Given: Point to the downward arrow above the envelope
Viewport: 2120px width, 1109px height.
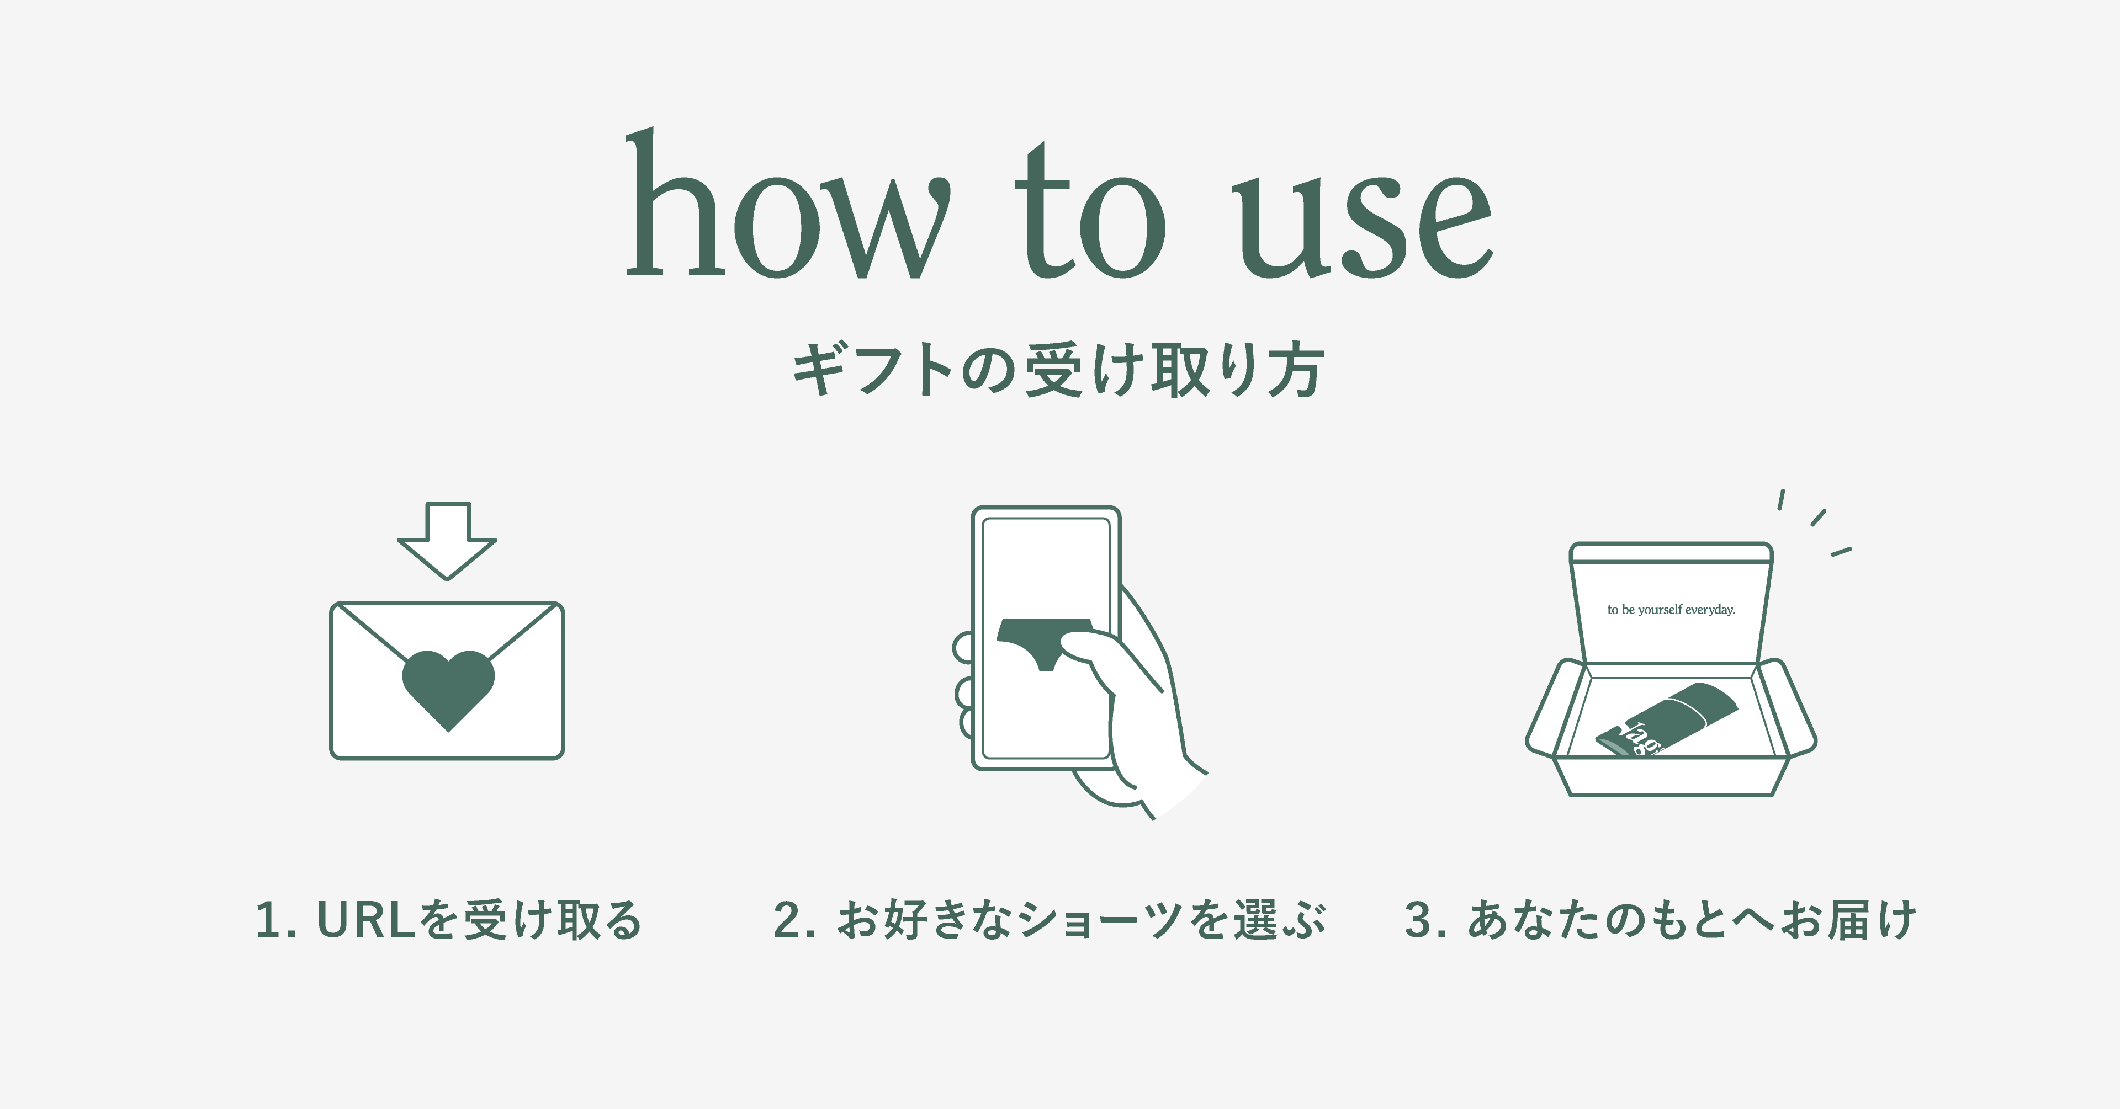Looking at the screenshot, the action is [x=447, y=541].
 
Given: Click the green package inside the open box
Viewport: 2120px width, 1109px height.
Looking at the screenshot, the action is [x=1667, y=720].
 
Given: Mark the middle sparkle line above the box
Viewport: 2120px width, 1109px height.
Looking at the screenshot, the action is [x=1819, y=518].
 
